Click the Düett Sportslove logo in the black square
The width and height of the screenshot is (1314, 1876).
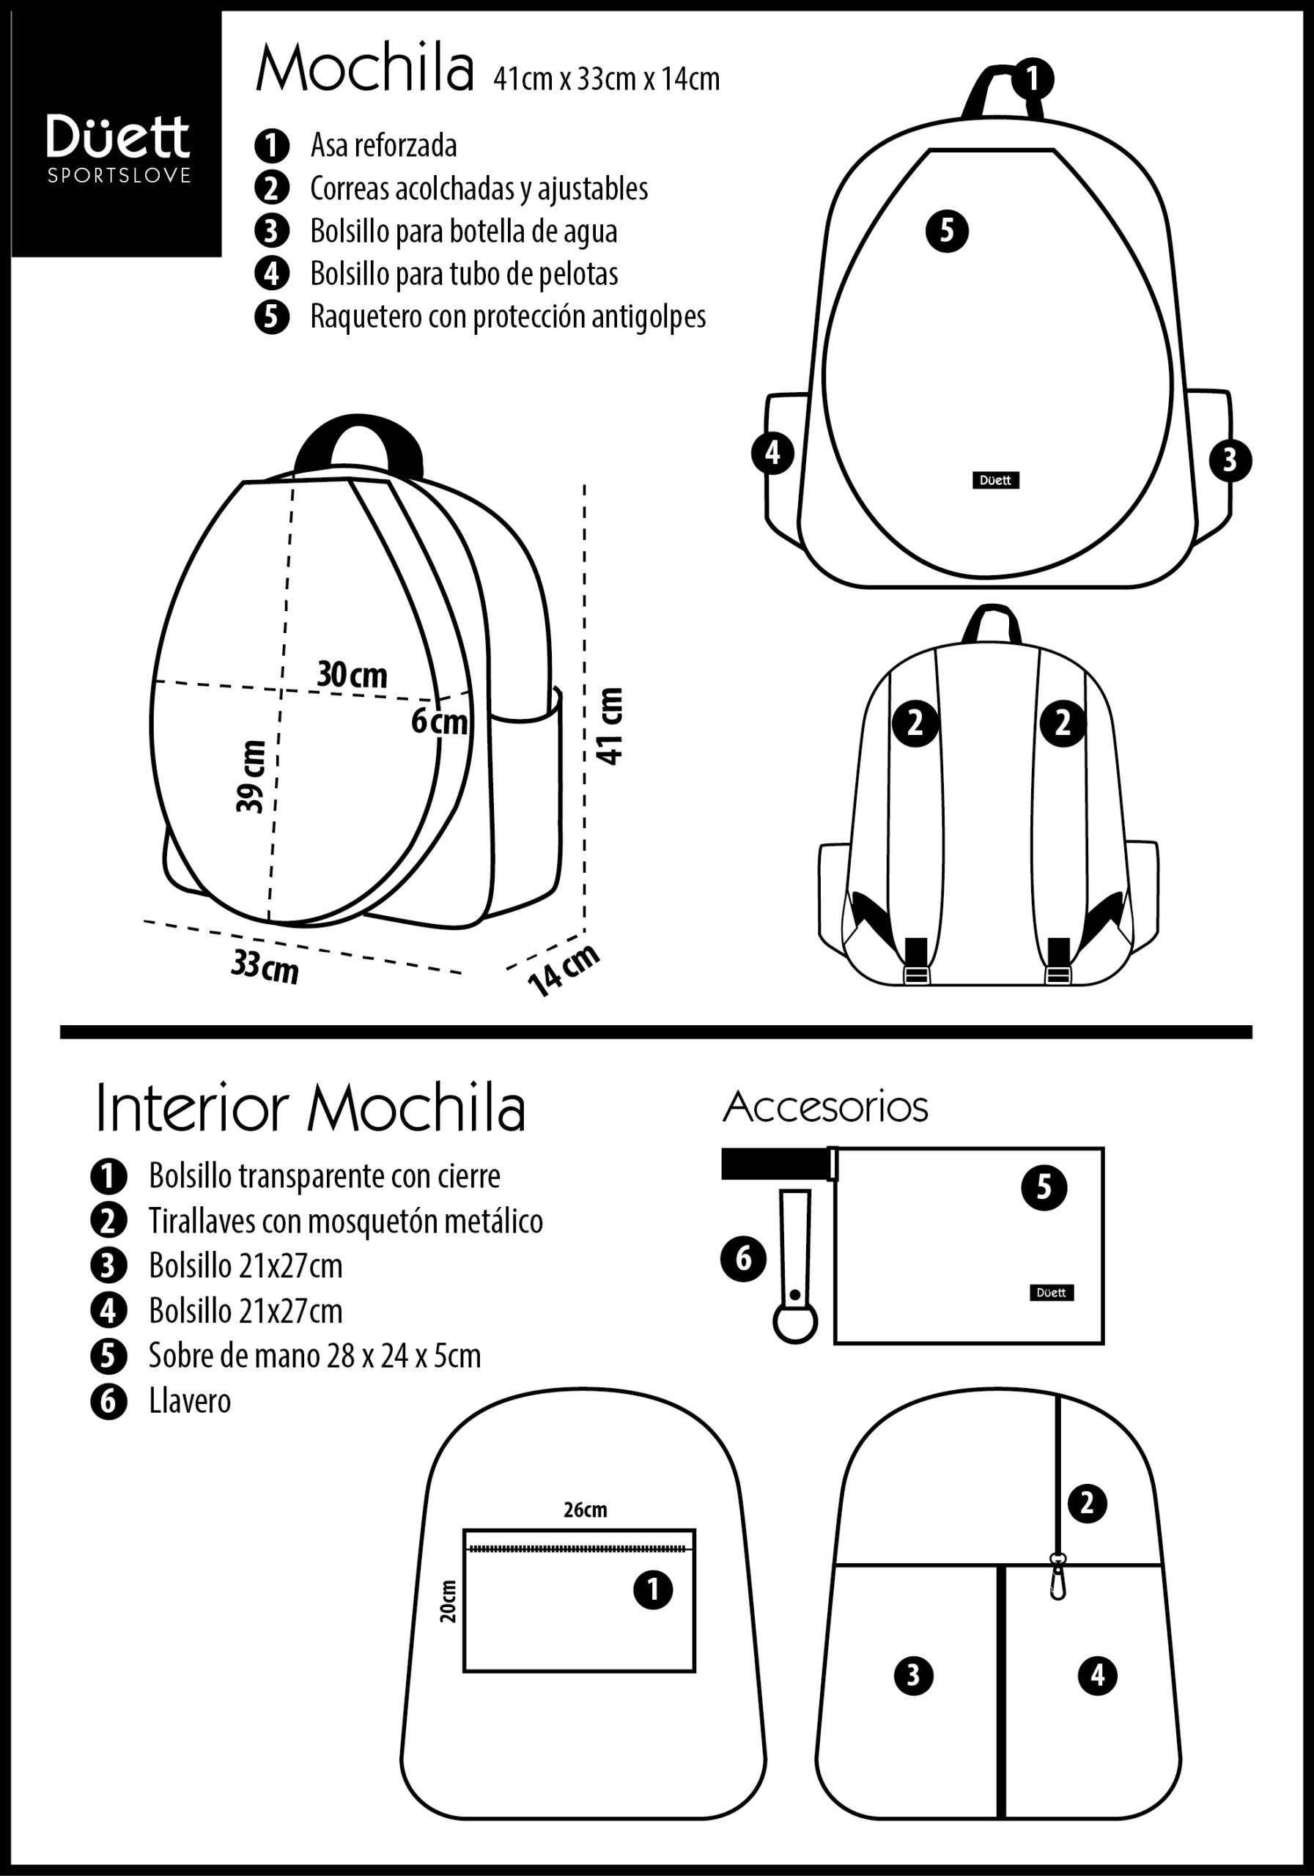(x=119, y=148)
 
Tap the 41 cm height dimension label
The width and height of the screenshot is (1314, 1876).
(x=611, y=725)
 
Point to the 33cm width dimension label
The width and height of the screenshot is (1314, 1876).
(x=265, y=967)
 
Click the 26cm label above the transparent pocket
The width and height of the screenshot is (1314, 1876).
(x=585, y=1510)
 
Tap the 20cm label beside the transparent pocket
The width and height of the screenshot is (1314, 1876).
(x=448, y=1600)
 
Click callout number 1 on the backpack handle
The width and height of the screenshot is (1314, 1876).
(x=1033, y=78)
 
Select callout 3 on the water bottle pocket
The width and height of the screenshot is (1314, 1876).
(x=1230, y=461)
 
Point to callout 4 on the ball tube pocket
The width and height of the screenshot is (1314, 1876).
(x=772, y=453)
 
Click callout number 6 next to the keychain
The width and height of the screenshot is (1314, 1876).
(x=743, y=1258)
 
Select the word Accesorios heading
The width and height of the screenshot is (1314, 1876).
(x=825, y=1107)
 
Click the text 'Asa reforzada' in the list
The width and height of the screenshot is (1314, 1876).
(x=383, y=145)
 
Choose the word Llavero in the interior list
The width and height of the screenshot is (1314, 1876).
(x=190, y=1401)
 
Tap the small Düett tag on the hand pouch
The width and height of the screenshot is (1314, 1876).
(x=1051, y=1292)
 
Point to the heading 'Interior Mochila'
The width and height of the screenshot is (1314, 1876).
(x=311, y=1109)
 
